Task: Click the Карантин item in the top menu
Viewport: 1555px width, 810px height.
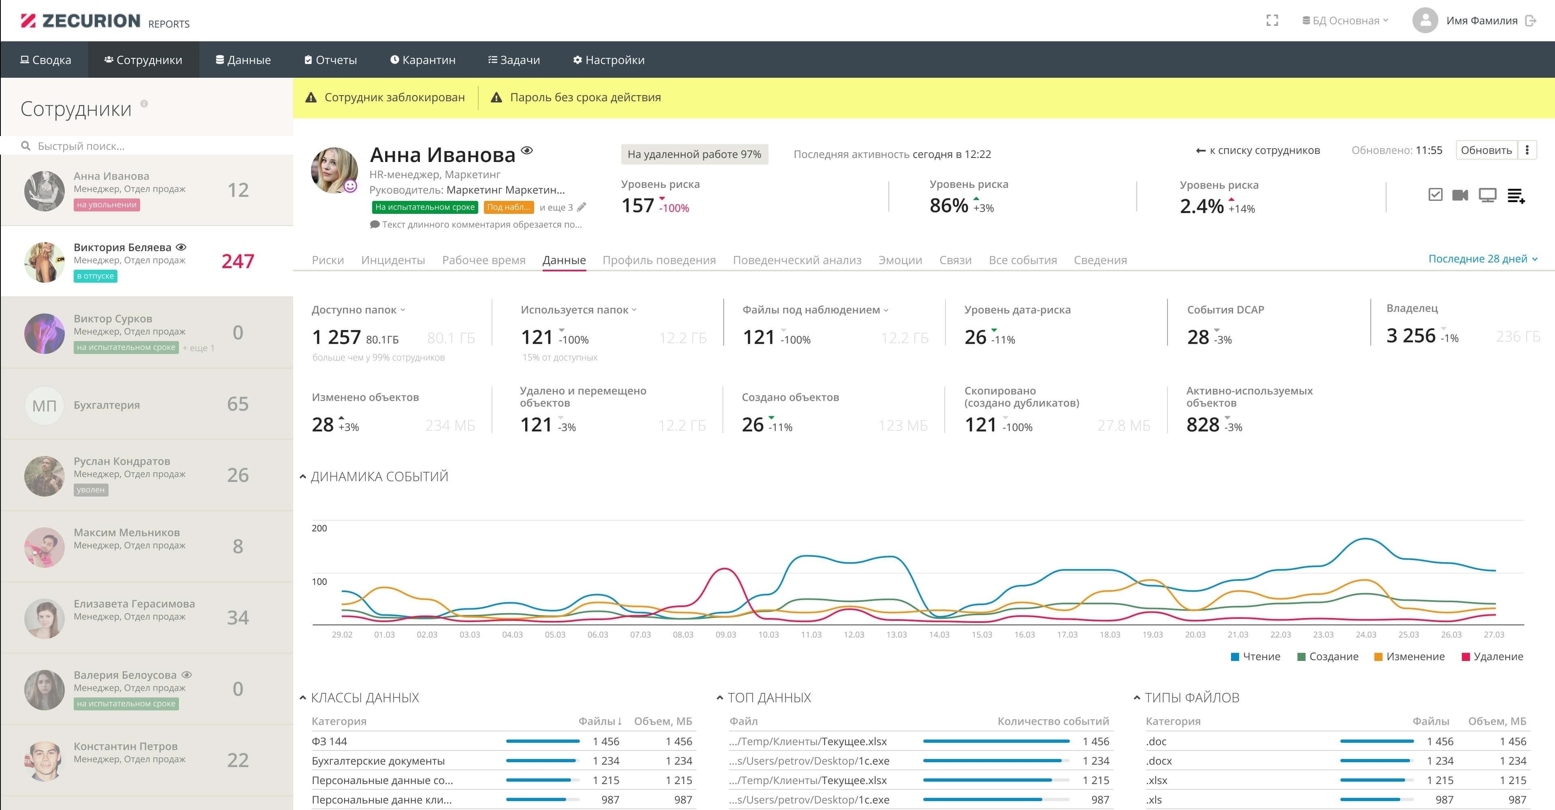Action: (x=422, y=60)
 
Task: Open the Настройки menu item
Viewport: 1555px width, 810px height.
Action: (x=609, y=60)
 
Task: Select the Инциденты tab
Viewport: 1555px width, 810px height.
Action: (x=393, y=260)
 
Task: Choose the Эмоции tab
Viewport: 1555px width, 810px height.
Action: (x=900, y=260)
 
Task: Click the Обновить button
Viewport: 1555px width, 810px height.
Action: (x=1486, y=150)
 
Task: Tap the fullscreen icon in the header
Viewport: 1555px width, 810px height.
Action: (x=1272, y=21)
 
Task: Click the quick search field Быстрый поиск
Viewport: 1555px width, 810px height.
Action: (x=81, y=146)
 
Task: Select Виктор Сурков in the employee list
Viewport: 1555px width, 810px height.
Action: (x=113, y=319)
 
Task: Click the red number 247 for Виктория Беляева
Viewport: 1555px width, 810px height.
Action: (x=238, y=261)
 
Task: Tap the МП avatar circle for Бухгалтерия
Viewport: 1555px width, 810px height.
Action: (x=44, y=405)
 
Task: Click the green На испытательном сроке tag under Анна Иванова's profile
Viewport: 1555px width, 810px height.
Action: (x=425, y=207)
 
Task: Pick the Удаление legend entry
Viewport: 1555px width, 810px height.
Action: (x=1492, y=657)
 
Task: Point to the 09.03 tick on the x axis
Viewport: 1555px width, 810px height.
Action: (x=726, y=634)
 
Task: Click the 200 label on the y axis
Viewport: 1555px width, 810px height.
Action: (x=320, y=528)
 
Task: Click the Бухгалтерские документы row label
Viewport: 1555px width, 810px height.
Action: (x=378, y=761)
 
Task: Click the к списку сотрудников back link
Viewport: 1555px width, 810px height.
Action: (x=1258, y=150)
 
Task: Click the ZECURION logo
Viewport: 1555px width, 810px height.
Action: (x=80, y=21)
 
